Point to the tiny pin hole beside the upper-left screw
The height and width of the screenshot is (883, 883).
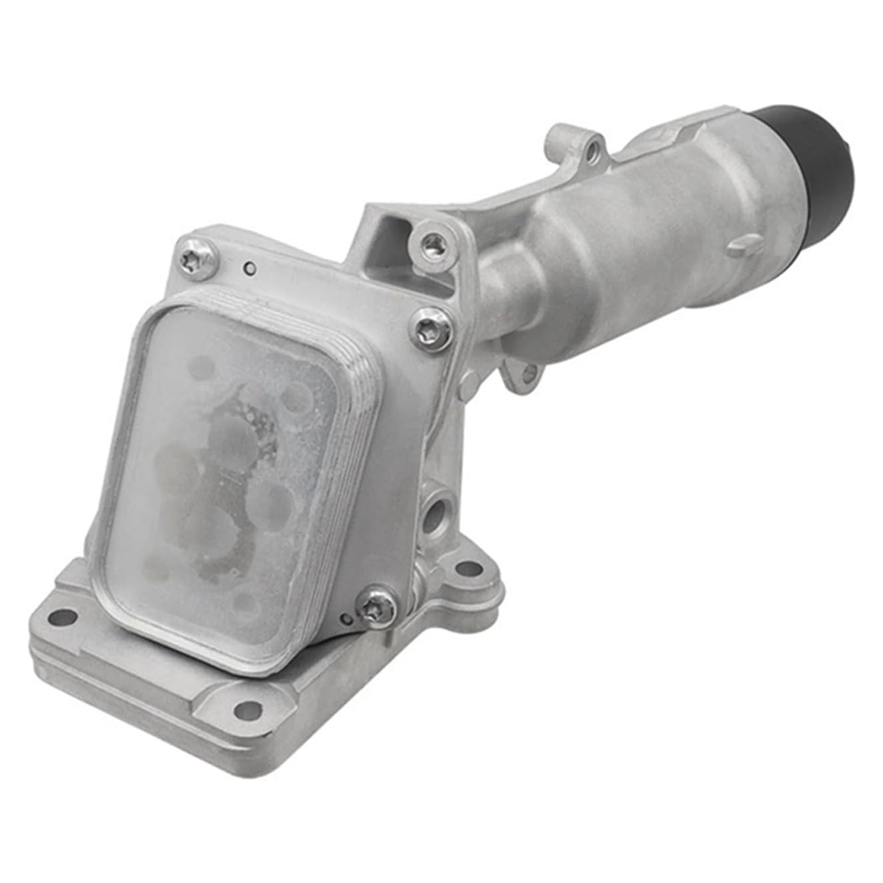tap(251, 269)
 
